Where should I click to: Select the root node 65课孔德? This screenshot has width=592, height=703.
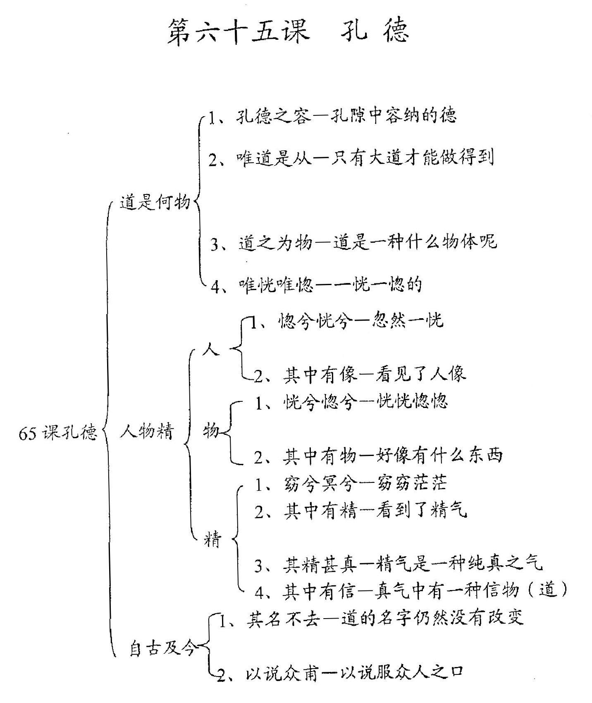(x=58, y=432)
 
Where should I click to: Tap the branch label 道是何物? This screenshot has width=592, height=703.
(x=155, y=202)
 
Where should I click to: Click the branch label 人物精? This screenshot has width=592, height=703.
(x=147, y=431)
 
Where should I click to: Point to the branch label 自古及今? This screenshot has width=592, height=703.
(x=162, y=648)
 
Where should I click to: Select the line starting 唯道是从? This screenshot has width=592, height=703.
(x=351, y=158)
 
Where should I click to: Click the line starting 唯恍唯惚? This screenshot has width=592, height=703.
(x=316, y=285)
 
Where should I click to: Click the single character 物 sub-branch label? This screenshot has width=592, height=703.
(x=210, y=431)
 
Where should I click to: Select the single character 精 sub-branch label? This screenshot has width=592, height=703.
(x=213, y=540)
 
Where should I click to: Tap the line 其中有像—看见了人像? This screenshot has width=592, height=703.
(x=360, y=374)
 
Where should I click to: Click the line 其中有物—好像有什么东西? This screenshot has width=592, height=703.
(x=378, y=455)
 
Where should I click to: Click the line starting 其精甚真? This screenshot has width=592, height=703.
(x=398, y=564)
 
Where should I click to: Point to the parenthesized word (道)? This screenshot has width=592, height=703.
(x=549, y=591)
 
